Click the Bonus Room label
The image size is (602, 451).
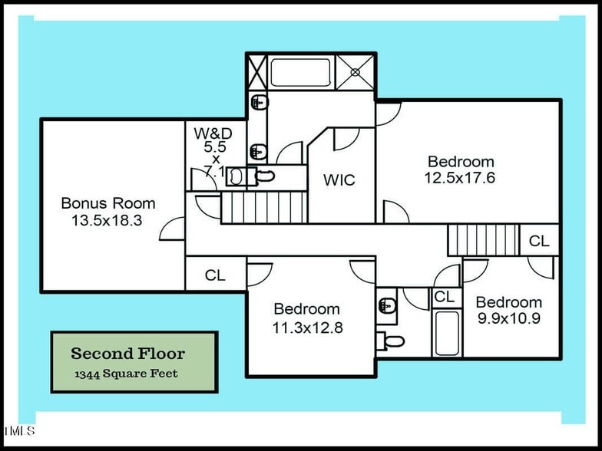point(108,203)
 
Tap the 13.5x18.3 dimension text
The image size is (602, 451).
point(108,220)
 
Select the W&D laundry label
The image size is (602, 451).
point(213,133)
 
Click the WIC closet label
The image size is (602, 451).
point(339,180)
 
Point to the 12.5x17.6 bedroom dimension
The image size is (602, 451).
point(461,177)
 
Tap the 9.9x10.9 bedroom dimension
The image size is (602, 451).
point(508,318)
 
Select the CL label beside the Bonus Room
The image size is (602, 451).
point(215,275)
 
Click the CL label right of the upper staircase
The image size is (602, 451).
point(539,241)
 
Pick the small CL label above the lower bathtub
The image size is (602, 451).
point(444,297)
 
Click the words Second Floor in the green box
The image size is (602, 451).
point(127,354)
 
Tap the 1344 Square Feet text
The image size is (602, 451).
point(126,374)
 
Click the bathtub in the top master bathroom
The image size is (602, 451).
point(300,72)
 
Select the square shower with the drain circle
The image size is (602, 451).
point(355,72)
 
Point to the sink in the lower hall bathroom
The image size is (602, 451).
point(388,308)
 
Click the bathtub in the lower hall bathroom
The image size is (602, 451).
point(447,333)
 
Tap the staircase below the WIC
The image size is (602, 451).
point(265,207)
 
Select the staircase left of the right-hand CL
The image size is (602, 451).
point(484,239)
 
